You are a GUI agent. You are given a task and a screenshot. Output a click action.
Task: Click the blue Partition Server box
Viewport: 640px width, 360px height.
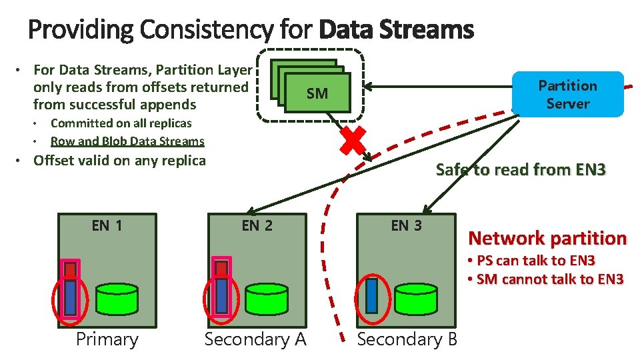tap(567, 95)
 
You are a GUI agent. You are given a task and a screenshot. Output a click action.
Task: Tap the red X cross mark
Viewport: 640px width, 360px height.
tap(354, 141)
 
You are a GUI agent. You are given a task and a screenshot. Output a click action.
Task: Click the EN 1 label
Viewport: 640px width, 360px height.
tap(107, 225)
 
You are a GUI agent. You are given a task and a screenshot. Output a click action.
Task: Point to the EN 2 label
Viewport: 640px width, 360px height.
tap(257, 225)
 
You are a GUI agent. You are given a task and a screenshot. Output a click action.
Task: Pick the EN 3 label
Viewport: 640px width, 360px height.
tap(406, 225)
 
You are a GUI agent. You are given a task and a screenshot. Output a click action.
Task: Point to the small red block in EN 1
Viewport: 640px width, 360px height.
tap(71, 269)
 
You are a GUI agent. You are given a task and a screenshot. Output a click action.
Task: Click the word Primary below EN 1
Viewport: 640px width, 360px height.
tap(107, 339)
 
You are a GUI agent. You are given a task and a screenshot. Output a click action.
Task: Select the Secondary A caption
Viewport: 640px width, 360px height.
tap(255, 339)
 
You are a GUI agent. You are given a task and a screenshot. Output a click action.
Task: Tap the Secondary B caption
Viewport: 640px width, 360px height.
tap(407, 339)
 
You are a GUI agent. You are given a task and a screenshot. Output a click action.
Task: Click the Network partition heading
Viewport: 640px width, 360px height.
tap(547, 239)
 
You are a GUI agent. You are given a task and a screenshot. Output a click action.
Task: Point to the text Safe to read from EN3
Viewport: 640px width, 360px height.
tap(521, 170)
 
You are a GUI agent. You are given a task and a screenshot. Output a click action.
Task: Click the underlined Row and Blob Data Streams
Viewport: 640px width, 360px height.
tap(127, 141)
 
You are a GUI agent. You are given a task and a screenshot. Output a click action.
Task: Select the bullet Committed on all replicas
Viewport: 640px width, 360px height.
tap(121, 123)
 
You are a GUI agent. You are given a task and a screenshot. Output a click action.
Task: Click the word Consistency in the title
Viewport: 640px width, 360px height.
tap(207, 30)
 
